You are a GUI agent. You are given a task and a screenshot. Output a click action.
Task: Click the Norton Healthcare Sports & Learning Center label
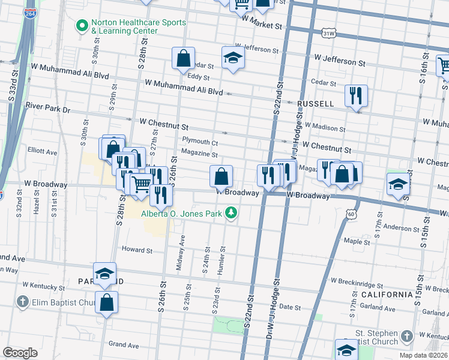pyautogui.click(x=138, y=27)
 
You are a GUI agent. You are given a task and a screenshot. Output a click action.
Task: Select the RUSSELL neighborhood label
pyautogui.click(x=315, y=104)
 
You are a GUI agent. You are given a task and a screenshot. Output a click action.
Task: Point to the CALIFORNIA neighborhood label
pyautogui.click(x=387, y=295)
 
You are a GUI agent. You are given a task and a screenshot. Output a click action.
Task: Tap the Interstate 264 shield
pyautogui.click(x=29, y=13)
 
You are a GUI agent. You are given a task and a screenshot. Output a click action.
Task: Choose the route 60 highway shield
pyautogui.click(x=351, y=214)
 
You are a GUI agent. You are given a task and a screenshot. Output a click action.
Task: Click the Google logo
pyautogui.click(x=20, y=352)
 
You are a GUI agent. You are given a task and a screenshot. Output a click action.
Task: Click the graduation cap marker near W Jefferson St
pyautogui.click(x=233, y=58)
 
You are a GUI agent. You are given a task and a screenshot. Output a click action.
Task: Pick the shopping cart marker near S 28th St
pyautogui.click(x=141, y=184)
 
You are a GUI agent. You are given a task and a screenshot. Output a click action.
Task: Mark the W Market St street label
pyautogui.click(x=262, y=26)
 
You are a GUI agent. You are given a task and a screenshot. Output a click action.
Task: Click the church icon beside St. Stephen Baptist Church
pyautogui.click(x=406, y=337)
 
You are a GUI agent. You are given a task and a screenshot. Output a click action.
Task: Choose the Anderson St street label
pyautogui.click(x=397, y=227)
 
